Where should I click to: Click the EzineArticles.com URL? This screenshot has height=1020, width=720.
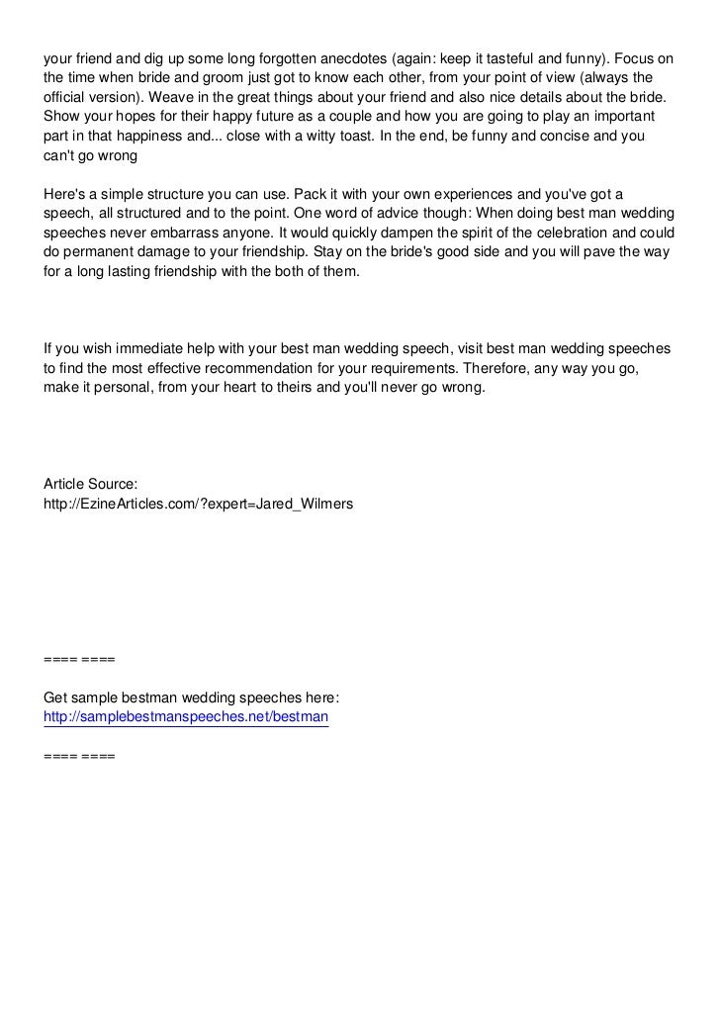pyautogui.click(x=198, y=504)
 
